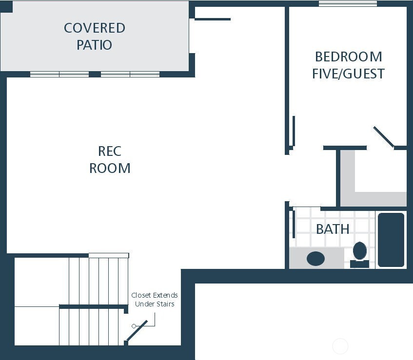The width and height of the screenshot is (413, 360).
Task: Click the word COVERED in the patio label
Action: (x=95, y=28)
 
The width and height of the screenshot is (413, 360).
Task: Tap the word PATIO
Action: (x=95, y=45)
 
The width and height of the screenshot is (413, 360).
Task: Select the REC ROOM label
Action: (x=110, y=159)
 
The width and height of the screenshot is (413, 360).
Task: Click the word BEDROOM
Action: (x=348, y=57)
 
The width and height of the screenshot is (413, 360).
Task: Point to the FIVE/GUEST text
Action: (x=348, y=74)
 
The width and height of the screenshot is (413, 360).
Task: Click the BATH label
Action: (x=333, y=228)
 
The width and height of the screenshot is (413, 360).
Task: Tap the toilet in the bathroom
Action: (x=360, y=254)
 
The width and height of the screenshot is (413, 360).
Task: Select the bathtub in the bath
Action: (x=391, y=240)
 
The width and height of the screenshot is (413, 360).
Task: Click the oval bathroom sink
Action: (x=315, y=258)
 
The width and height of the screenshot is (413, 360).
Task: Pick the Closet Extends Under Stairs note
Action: (x=155, y=300)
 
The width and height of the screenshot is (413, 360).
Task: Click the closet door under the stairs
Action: (x=137, y=331)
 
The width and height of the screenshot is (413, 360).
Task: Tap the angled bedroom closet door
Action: (x=384, y=137)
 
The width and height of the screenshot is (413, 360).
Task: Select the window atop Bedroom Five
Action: (x=348, y=4)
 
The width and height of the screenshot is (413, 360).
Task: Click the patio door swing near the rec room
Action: (x=213, y=19)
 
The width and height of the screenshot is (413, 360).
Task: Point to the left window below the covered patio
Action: (x=59, y=75)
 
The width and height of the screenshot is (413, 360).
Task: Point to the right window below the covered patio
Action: (x=130, y=75)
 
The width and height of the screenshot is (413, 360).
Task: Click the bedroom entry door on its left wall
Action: (x=294, y=131)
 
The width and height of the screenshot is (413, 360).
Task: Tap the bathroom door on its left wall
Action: (x=294, y=224)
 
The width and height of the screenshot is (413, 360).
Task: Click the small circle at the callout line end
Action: (x=134, y=326)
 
